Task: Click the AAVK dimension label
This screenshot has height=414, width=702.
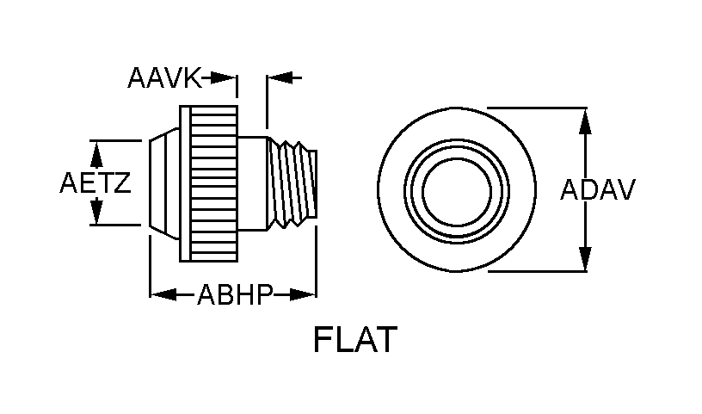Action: pos(163,78)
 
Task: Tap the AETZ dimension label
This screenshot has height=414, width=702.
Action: pos(95,183)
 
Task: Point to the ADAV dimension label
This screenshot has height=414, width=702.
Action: pos(597,189)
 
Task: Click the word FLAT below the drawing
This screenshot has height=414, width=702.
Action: pos(355,340)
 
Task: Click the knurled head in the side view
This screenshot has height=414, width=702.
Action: pos(209,183)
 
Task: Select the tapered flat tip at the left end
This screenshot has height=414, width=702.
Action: pos(159,182)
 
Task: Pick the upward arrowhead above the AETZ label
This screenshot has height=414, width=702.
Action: pos(96,152)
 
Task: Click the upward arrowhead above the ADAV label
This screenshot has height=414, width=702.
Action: pos(585,120)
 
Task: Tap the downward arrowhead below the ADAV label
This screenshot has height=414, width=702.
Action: pos(585,259)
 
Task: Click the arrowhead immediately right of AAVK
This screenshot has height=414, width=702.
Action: pos(225,78)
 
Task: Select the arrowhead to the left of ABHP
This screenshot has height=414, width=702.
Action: pos(163,295)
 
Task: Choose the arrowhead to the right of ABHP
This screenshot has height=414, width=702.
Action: pos(304,295)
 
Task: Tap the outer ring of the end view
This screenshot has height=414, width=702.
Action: pos(391,189)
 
